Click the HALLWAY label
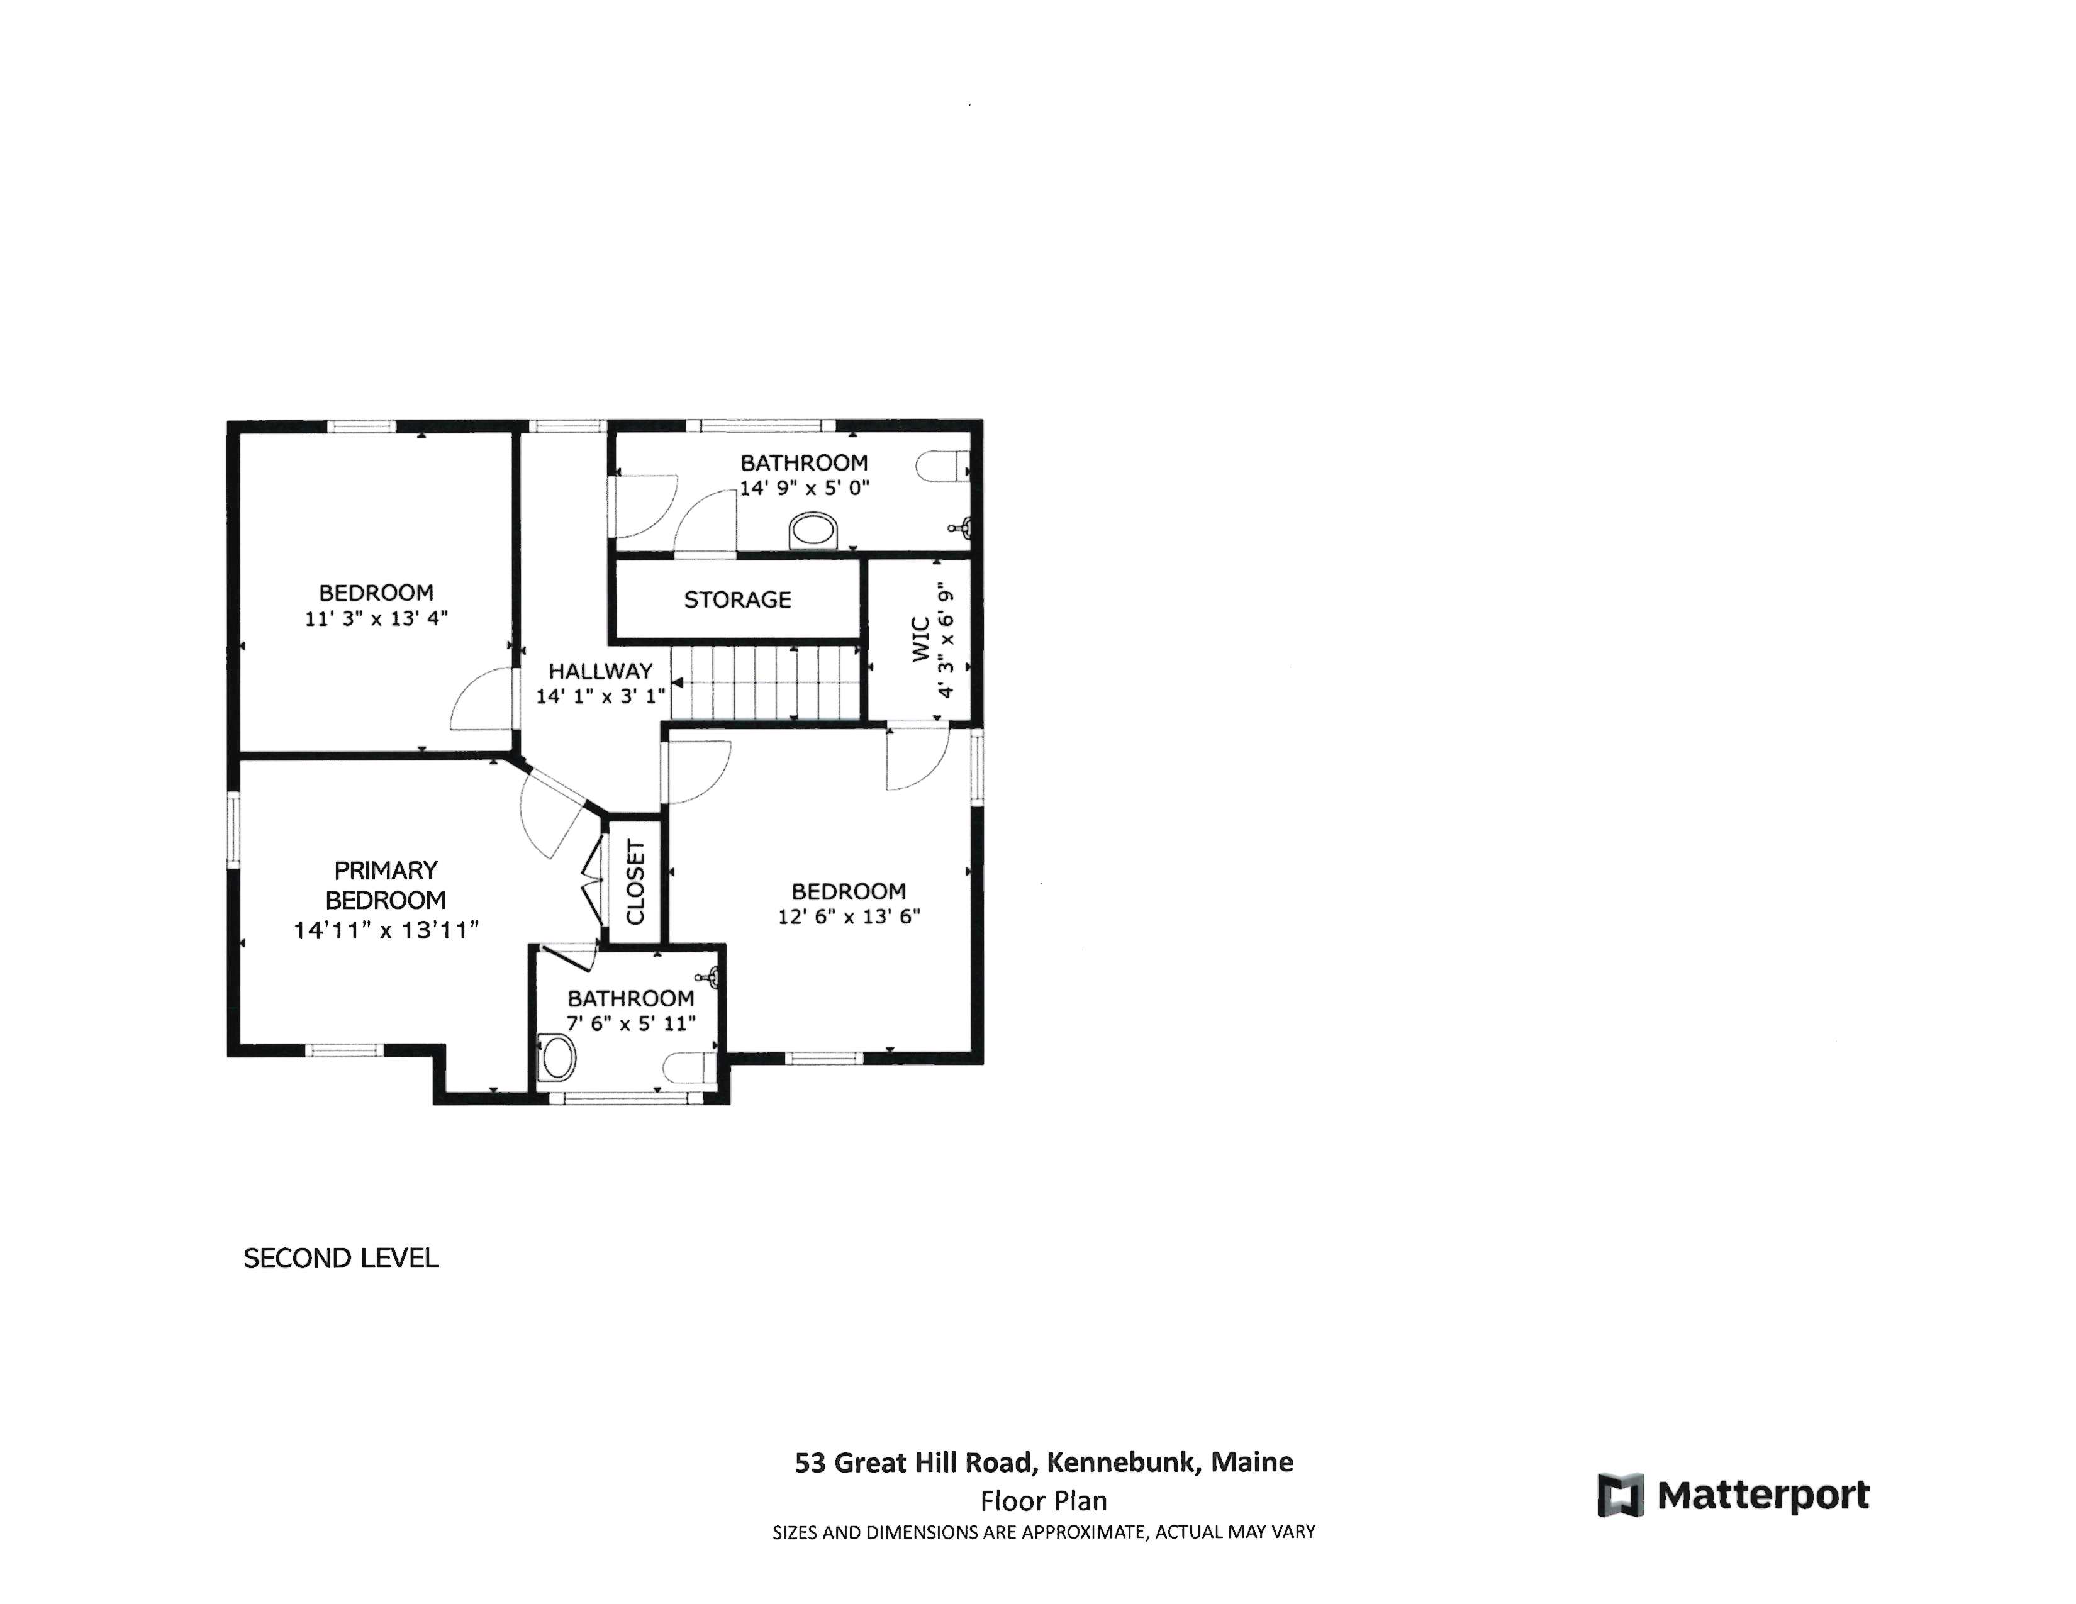pyautogui.click(x=600, y=671)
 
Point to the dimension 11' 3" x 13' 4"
pyautogui.click(x=376, y=618)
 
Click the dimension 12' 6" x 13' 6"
pyautogui.click(x=848, y=917)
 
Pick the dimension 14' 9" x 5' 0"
pyautogui.click(x=804, y=488)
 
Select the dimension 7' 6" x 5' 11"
pyautogui.click(x=631, y=1023)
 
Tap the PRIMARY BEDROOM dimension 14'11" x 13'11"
pyautogui.click(x=385, y=930)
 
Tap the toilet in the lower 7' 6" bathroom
pyautogui.click(x=688, y=1066)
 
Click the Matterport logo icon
pyautogui.click(x=1620, y=1495)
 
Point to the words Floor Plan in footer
pyautogui.click(x=1043, y=1501)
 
